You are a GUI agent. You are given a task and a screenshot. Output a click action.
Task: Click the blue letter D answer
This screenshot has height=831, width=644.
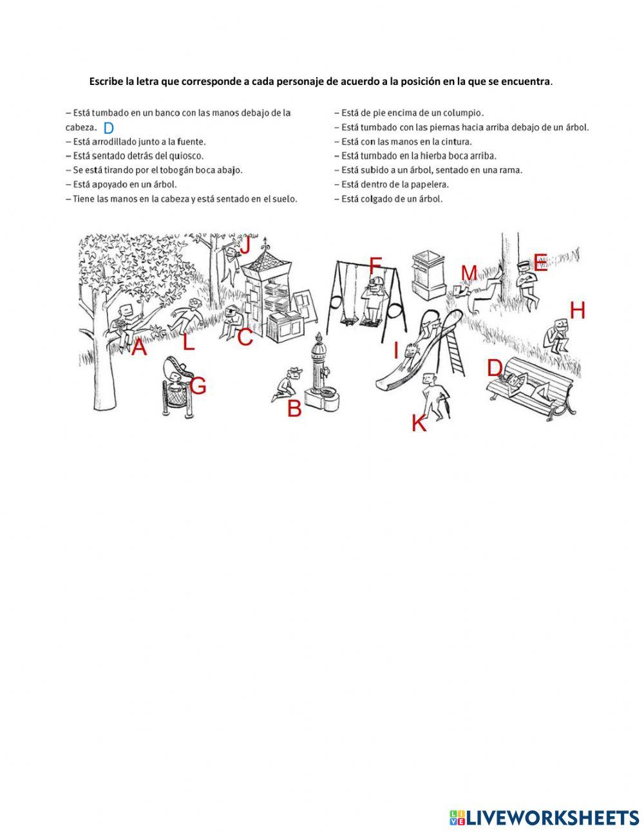[109, 127]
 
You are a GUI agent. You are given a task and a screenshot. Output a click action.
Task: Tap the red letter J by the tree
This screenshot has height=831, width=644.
[245, 246]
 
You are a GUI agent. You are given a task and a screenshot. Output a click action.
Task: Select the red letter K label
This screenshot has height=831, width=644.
[419, 424]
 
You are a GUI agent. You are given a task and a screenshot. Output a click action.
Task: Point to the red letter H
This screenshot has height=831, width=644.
[578, 310]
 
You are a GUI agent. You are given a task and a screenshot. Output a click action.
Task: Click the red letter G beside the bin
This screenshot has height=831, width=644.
[198, 386]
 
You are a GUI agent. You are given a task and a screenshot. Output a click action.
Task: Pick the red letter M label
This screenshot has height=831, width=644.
[469, 273]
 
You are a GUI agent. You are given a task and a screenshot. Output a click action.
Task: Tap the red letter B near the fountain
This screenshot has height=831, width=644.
[294, 408]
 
